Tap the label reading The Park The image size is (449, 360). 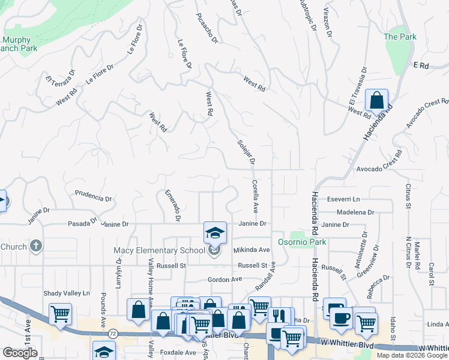click(400, 37)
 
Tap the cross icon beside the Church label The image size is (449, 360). click(36, 246)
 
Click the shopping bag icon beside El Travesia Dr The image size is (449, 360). click(376, 101)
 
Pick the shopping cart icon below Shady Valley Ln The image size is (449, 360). click(60, 314)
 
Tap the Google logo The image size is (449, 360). click(20, 353)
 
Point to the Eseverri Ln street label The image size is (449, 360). click(343, 199)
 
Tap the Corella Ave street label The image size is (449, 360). click(255, 197)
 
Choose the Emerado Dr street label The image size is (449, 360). click(172, 205)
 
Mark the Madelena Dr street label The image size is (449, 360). click(355, 212)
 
